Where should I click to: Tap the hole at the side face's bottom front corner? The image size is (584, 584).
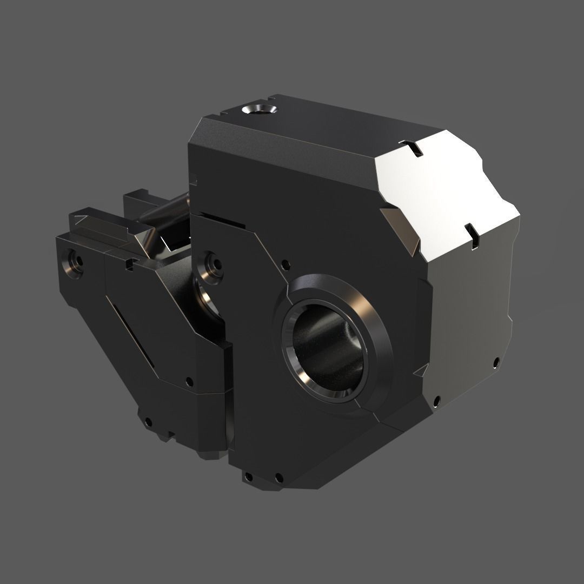[x=436, y=401]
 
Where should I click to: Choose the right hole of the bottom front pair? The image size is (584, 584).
[x=279, y=477]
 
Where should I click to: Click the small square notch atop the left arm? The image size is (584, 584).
[x=128, y=264]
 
